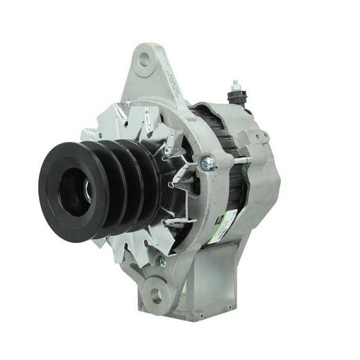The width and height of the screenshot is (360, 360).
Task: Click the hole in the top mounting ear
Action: pyautogui.click(x=144, y=60)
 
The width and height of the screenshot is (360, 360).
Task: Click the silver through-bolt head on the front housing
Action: pyautogui.click(x=207, y=163)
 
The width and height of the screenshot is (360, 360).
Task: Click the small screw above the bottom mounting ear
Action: pyautogui.click(x=163, y=261)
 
